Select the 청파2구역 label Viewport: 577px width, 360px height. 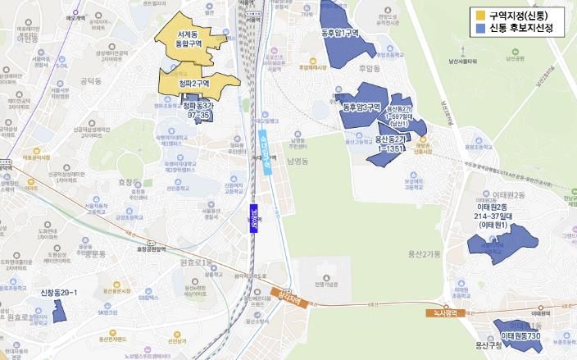pyautogui.click(x=195, y=83)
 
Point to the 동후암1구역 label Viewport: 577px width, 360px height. pyautogui.click(x=338, y=33)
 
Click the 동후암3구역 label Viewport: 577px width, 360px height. pyautogui.click(x=361, y=107)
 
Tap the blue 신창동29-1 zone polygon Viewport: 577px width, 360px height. pyautogui.click(x=59, y=310)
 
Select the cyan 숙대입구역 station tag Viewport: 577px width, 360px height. pyautogui.click(x=266, y=152)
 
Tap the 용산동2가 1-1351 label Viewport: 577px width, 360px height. pyautogui.click(x=390, y=144)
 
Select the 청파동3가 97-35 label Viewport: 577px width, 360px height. pyautogui.click(x=198, y=111)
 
